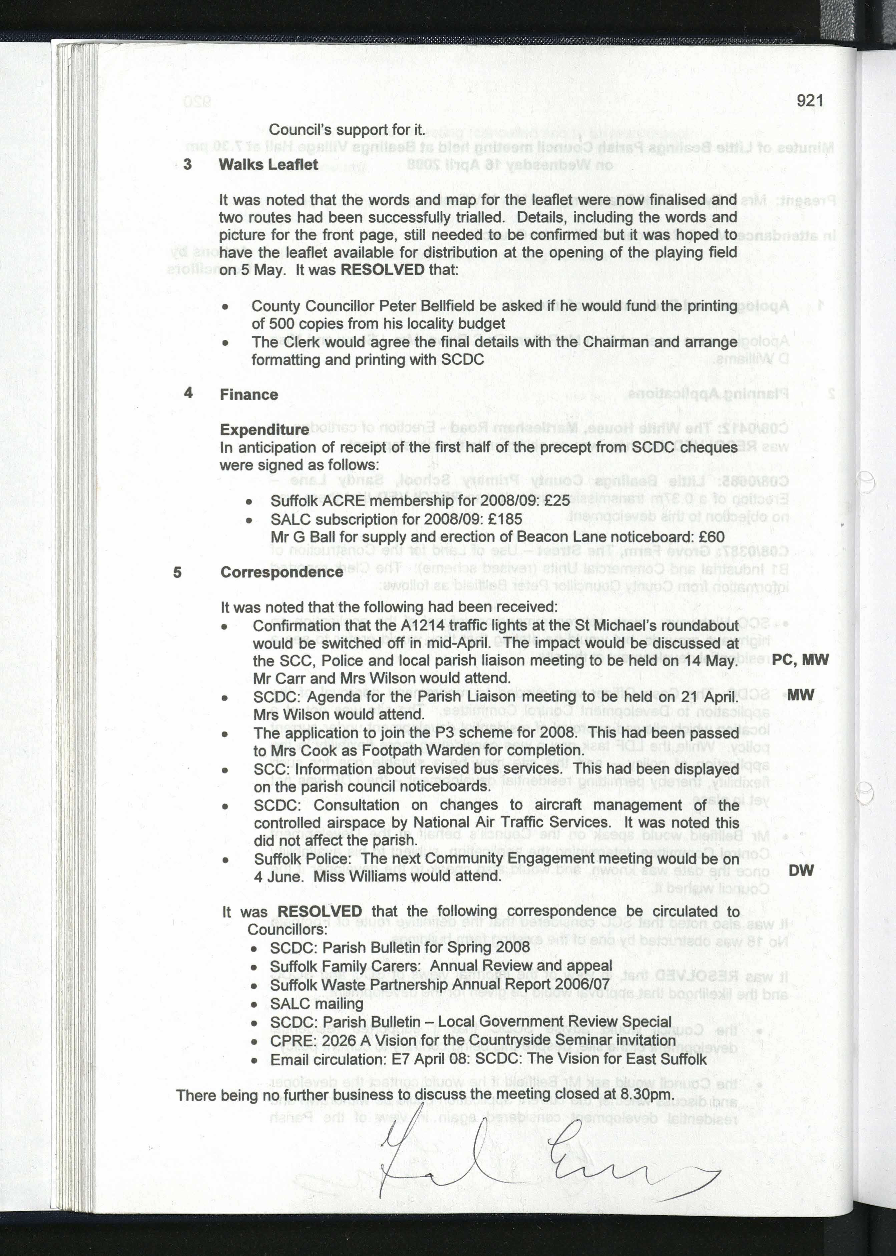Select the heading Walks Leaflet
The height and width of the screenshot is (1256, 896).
pyautogui.click(x=268, y=164)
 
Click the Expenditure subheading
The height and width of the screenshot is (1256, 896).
pyautogui.click(x=264, y=429)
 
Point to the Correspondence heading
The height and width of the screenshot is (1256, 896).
pyautogui.click(x=282, y=572)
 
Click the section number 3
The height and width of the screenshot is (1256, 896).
pyautogui.click(x=187, y=164)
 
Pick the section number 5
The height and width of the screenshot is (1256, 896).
pyautogui.click(x=177, y=572)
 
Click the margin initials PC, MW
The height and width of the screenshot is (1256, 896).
pyautogui.click(x=800, y=660)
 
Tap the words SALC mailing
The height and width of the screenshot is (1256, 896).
pyautogui.click(x=316, y=1004)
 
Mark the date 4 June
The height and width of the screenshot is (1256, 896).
pyautogui.click(x=278, y=877)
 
